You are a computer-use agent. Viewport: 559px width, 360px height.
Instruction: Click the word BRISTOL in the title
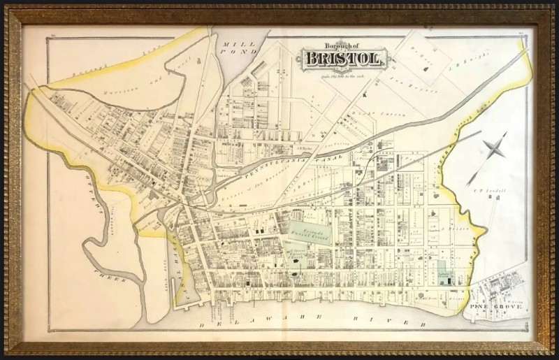click(x=342, y=59)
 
